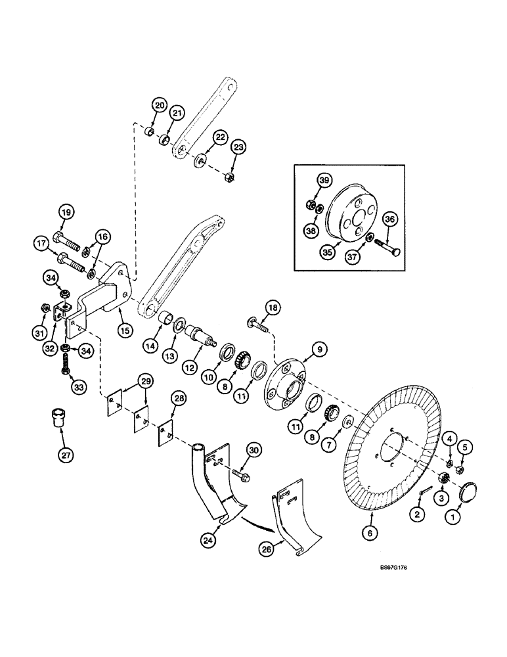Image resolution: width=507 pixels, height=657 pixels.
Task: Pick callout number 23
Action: tap(238, 148)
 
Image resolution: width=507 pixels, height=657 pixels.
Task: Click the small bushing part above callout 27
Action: tap(58, 418)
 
